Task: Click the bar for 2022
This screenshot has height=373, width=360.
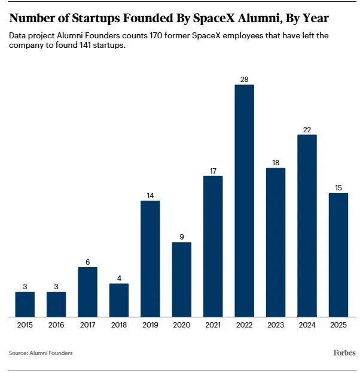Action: [x=244, y=201]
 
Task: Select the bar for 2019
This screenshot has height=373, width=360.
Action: [x=150, y=259]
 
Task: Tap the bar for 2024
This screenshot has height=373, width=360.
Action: [x=307, y=226]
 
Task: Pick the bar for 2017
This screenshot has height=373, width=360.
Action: [x=87, y=292]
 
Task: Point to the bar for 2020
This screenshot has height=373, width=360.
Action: [x=181, y=279]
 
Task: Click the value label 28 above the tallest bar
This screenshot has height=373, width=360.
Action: [x=244, y=79]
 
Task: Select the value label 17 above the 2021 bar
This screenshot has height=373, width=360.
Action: [x=213, y=171]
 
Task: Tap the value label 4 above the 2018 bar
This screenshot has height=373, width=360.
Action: [x=119, y=278]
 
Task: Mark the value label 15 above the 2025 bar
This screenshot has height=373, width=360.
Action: [x=338, y=187]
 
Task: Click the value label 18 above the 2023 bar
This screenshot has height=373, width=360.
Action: [x=276, y=162]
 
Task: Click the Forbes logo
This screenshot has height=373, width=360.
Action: [x=344, y=353]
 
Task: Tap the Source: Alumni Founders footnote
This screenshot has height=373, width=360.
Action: [x=41, y=353]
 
